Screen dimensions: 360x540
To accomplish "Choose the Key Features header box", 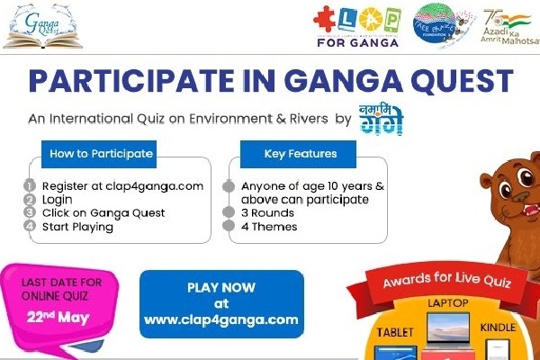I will click(x=301, y=154).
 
